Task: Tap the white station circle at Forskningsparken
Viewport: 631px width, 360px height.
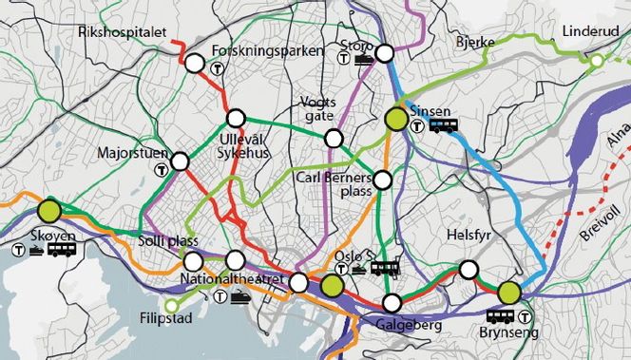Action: tap(195, 65)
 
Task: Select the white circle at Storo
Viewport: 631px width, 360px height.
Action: tap(385, 54)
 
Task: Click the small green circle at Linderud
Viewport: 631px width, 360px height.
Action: tap(596, 61)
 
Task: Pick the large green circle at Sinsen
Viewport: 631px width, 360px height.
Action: tap(395, 119)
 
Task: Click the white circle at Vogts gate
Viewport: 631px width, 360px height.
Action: tap(334, 139)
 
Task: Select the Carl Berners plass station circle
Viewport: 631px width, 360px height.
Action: tap(382, 179)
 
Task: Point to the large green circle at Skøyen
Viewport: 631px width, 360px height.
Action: tap(49, 210)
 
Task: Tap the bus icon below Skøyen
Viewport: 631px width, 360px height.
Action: tap(62, 250)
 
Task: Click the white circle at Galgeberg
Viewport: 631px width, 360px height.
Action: tap(392, 303)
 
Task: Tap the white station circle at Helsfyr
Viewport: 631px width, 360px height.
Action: tap(468, 269)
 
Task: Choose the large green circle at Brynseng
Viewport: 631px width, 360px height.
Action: tap(509, 292)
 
